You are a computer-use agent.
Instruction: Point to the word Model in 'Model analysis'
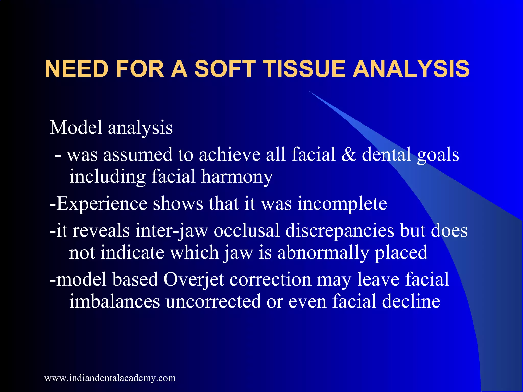(76, 127)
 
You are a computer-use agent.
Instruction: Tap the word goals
(438, 155)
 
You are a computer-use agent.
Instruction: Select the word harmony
(237, 177)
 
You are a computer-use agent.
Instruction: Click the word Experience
(102, 204)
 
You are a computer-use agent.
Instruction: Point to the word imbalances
(115, 301)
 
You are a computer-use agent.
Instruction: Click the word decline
(411, 301)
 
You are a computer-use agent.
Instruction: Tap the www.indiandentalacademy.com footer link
(110, 378)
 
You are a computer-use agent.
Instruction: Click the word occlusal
(247, 230)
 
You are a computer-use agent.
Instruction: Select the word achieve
(230, 154)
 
